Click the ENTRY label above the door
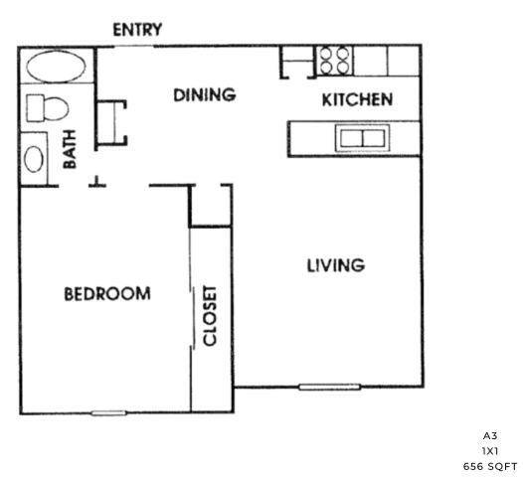point(137,30)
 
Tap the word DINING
point(205,95)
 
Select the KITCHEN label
point(357,100)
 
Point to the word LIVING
point(335,265)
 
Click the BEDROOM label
point(107,294)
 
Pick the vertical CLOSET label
point(210,316)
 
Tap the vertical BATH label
point(70,149)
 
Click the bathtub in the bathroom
point(56,67)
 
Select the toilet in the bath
point(48,108)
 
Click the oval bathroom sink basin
point(34,159)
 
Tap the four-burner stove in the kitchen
point(334,61)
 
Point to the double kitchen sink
point(362,138)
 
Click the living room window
point(329,387)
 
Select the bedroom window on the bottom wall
point(108,413)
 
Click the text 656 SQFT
point(490,467)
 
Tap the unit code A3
point(490,435)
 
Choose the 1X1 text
point(490,451)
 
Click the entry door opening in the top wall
point(134,47)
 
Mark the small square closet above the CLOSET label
point(211,206)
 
